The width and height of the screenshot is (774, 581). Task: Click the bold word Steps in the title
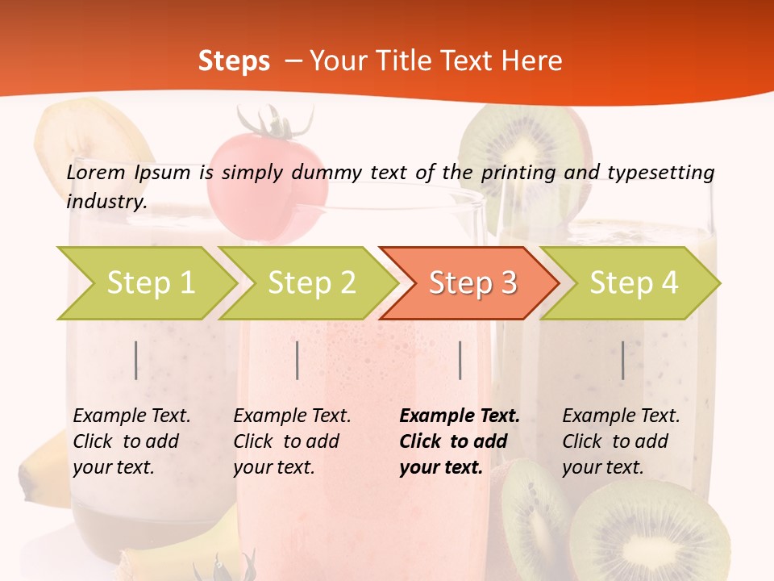point(234,61)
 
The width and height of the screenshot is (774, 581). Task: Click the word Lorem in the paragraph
point(96,172)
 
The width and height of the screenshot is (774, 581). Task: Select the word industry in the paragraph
point(106,202)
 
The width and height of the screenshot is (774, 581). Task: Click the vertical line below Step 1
point(136,360)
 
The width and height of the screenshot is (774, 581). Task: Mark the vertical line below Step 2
point(298,360)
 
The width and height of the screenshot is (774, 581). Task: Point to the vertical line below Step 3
point(460,360)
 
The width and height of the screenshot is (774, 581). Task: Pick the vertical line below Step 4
point(623,360)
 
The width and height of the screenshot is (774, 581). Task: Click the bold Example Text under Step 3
point(460,416)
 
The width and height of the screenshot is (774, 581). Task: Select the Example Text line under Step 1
point(131,416)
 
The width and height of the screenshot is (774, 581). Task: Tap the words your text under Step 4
point(602,467)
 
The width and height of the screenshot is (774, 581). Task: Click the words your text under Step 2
point(273,467)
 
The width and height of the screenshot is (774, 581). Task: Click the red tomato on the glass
point(268,173)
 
